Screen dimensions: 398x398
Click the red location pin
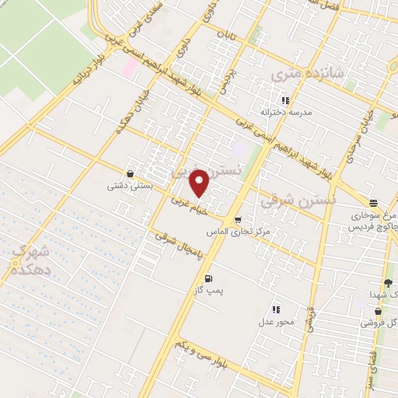[x=200, y=182]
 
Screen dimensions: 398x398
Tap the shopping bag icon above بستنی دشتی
[x=129, y=174]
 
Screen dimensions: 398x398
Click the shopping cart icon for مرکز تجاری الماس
[x=238, y=219]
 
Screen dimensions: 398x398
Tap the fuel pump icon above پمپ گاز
[x=207, y=278]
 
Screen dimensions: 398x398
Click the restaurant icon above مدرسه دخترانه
[x=285, y=100]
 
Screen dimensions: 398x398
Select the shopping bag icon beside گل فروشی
[x=378, y=312]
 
